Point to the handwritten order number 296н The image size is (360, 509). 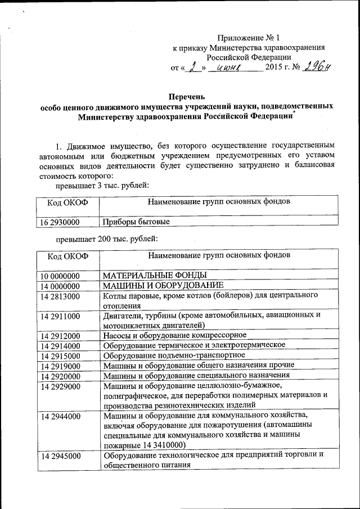318,67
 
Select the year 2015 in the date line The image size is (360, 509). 273,69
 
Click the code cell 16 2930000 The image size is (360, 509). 60,222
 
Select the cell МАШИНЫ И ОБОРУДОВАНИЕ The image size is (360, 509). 163,285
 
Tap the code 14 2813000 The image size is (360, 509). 60,296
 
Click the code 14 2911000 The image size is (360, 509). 60,316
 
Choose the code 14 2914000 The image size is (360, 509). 60,345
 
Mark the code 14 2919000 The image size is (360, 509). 60,365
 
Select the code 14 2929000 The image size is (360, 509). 60,385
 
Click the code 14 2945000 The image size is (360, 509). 60,455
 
